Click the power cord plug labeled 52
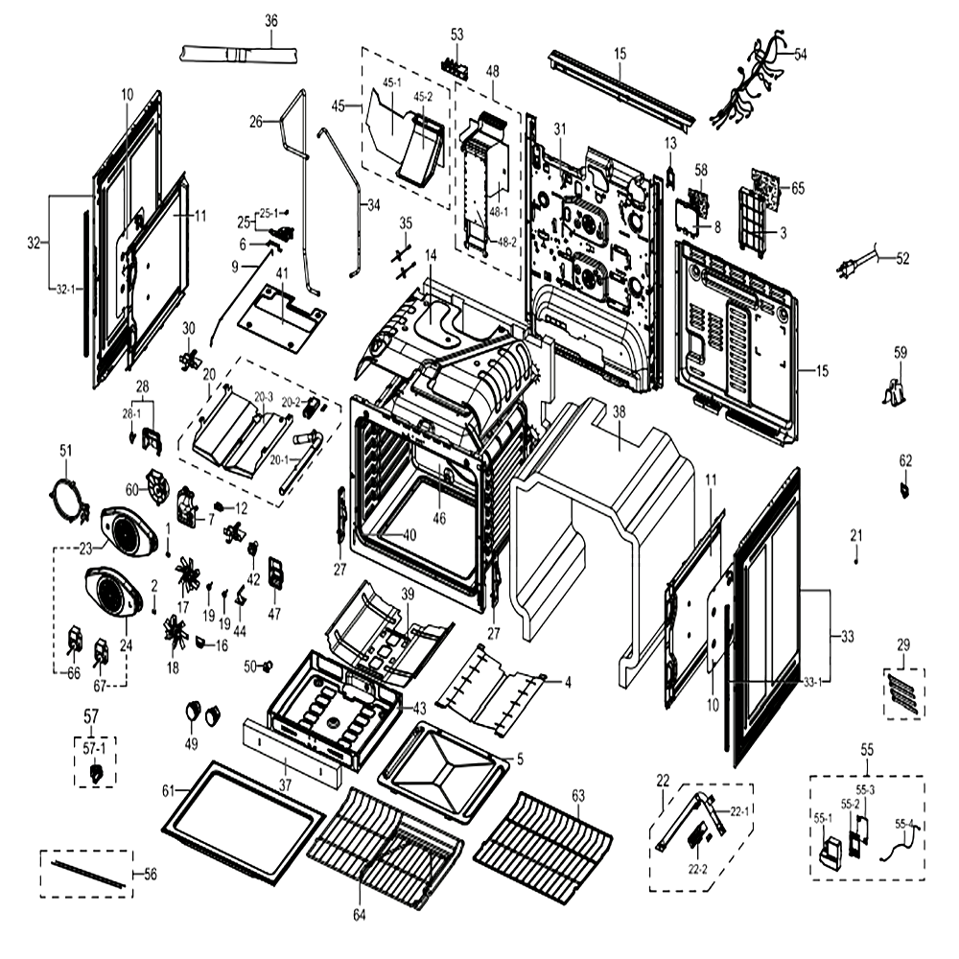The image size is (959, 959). pos(860,266)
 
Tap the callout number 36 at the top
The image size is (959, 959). pos(271,21)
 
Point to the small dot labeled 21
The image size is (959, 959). pos(856,561)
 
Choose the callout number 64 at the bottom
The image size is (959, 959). pos(359,915)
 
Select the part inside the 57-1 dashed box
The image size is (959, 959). pos(96,774)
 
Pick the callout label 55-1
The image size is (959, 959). pos(823,818)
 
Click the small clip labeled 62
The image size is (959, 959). pos(904,490)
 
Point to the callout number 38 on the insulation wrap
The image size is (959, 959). pos(619,411)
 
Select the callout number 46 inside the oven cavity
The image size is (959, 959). pos(439,519)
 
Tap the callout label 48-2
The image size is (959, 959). pos(506,243)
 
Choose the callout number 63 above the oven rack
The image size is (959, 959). pos(578,795)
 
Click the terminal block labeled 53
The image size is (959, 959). pos(456,65)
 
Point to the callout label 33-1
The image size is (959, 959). pos(813,683)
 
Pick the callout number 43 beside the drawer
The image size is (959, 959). pos(419,709)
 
